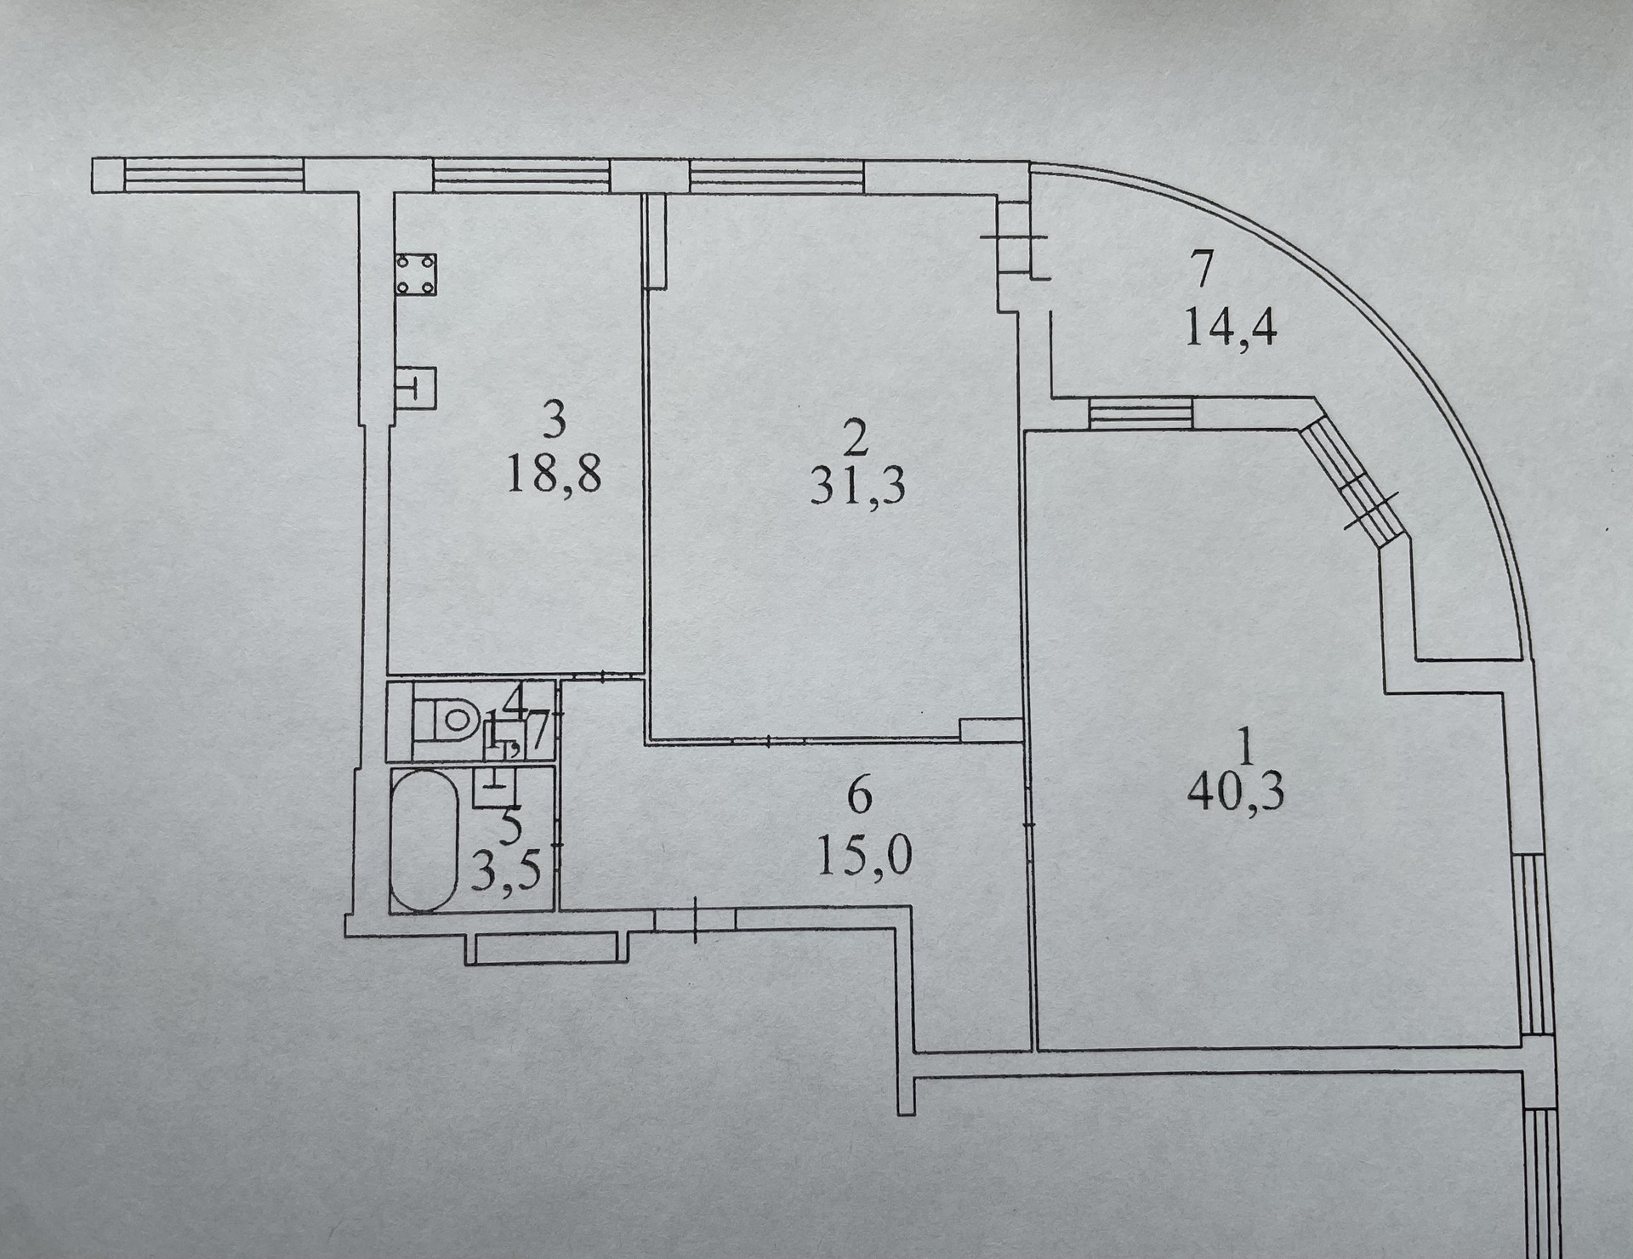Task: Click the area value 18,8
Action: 554,474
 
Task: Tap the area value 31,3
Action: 857,487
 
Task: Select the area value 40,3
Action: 1235,792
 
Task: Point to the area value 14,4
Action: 1231,326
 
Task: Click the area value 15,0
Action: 864,855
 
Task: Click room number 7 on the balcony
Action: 1203,269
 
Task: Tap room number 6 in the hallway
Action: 860,796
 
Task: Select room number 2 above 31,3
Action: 856,439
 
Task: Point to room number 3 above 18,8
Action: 554,419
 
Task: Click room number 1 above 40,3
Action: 1247,749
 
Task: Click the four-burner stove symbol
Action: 415,274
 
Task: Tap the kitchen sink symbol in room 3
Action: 416,387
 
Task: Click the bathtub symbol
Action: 424,840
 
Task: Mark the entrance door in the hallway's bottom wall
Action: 695,920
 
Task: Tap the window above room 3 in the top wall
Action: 522,175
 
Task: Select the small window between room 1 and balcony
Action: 1141,414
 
